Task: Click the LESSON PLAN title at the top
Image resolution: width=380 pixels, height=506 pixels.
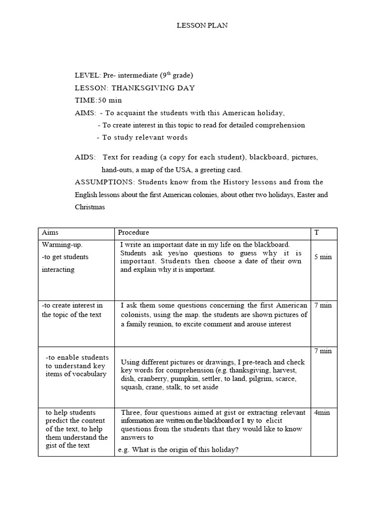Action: (202, 26)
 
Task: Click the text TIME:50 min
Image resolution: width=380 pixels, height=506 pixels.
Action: (98, 100)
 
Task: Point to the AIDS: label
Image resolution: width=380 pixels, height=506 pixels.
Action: (85, 157)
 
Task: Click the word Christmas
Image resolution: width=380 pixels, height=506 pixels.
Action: (90, 207)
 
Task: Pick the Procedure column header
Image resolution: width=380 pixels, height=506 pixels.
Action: (133, 233)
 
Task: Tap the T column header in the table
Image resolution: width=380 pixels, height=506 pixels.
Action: (317, 233)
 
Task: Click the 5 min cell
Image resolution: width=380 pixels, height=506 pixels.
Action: (323, 257)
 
